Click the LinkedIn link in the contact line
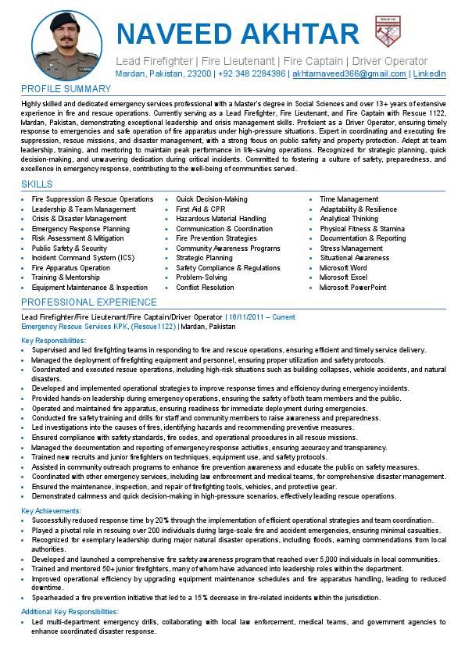(x=429, y=73)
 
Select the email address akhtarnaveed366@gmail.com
(x=349, y=73)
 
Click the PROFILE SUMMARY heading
(x=66, y=88)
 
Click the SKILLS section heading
(x=37, y=184)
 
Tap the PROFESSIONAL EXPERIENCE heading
(x=88, y=302)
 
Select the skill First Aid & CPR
(x=201, y=209)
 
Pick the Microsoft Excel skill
(x=343, y=277)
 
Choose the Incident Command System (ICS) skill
(x=83, y=258)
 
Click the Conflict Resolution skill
(x=205, y=288)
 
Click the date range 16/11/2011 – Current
(x=262, y=317)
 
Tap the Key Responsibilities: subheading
(x=53, y=341)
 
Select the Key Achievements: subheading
(x=51, y=510)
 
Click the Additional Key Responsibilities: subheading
(x=70, y=611)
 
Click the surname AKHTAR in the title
(x=300, y=34)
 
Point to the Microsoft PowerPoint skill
(x=352, y=288)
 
